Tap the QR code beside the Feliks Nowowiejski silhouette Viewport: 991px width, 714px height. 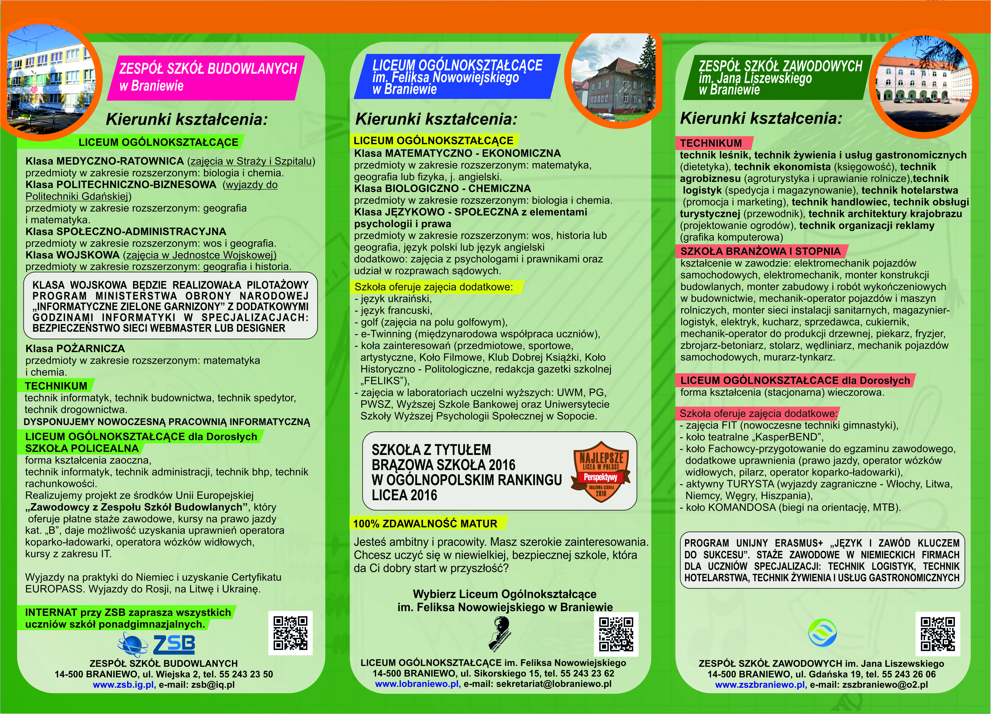click(x=616, y=634)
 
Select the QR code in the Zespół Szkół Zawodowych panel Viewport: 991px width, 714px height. click(x=938, y=634)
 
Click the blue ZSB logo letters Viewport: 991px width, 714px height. click(x=174, y=644)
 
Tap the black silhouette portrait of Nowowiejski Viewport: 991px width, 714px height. click(x=499, y=633)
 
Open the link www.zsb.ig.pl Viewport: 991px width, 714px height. click(x=124, y=685)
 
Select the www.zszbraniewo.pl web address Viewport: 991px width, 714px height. click(x=760, y=685)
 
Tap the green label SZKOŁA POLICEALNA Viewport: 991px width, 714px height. click(x=82, y=448)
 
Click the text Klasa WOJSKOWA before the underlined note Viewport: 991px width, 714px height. click(x=73, y=255)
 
